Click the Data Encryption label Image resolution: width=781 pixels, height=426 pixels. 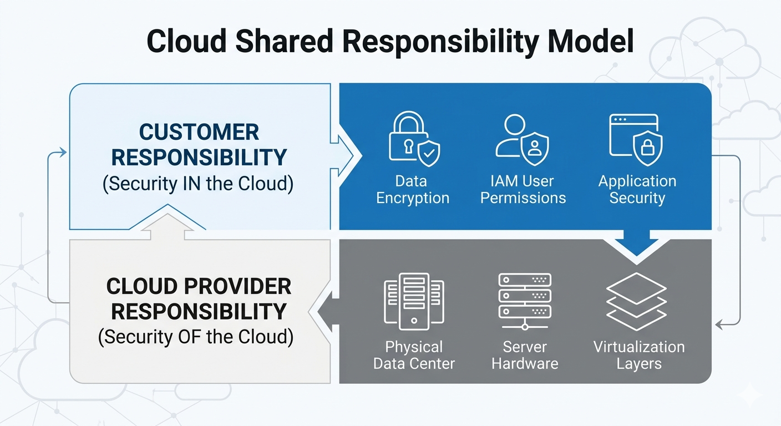(x=413, y=190)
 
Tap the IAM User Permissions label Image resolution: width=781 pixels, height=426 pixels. (x=523, y=190)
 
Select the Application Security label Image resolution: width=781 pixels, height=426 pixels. (x=637, y=190)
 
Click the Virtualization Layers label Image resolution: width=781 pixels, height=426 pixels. (x=639, y=356)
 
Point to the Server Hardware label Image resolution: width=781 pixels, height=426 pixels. (x=525, y=356)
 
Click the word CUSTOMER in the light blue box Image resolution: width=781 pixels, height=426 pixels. (x=199, y=133)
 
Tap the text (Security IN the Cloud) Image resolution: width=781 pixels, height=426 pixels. (x=198, y=184)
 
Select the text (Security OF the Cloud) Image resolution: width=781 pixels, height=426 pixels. (x=196, y=337)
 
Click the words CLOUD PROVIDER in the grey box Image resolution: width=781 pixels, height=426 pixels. (x=199, y=287)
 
